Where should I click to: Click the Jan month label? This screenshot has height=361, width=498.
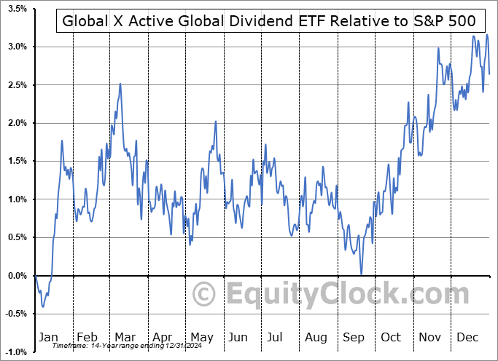48,338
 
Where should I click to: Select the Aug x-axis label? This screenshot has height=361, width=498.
316,338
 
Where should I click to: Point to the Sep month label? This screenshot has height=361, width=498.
354,338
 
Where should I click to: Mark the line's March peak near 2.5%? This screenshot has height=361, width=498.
120,84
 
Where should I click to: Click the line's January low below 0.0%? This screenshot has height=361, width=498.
43,306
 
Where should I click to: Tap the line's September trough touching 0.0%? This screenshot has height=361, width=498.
362,274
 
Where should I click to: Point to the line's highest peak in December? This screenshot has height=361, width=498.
487,33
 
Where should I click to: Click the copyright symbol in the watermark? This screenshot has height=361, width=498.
205,294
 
